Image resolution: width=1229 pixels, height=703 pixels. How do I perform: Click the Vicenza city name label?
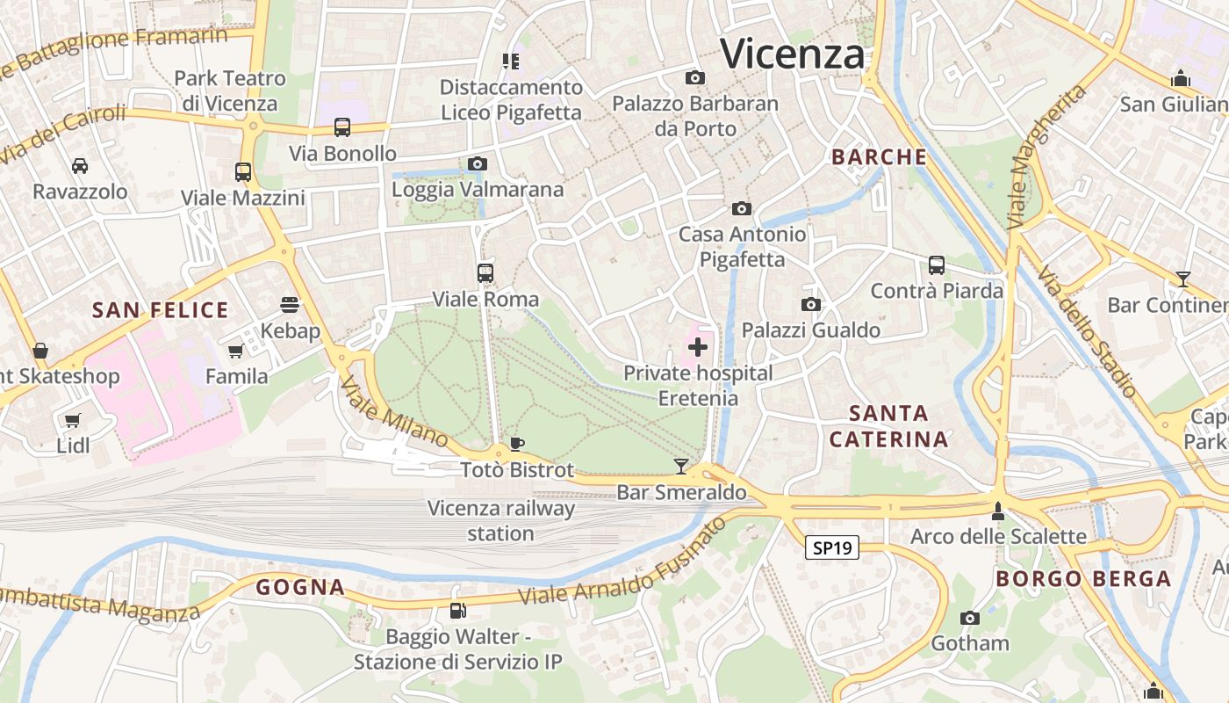tap(792, 54)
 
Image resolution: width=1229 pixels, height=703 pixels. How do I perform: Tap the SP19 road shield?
tap(831, 548)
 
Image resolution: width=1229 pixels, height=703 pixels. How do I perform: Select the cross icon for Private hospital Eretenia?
tap(698, 347)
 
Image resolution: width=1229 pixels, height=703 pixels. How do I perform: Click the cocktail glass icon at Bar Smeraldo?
tap(680, 466)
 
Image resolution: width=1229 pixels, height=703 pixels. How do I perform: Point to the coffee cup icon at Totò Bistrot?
tap(517, 444)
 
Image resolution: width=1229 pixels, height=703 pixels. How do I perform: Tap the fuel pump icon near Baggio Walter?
tap(457, 611)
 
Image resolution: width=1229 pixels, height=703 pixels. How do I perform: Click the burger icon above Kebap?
tap(290, 305)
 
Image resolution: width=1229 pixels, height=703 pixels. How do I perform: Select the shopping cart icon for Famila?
tap(235, 351)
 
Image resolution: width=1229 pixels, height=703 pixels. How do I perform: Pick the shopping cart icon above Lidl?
tap(73, 420)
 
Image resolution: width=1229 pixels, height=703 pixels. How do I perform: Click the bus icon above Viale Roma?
tap(485, 273)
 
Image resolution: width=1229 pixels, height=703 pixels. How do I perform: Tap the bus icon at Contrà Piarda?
tap(937, 265)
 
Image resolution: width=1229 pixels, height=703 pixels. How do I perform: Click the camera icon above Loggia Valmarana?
tap(478, 163)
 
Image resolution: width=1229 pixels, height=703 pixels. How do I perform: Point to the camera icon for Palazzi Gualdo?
tap(811, 305)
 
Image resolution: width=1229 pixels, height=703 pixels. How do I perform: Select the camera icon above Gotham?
tap(970, 618)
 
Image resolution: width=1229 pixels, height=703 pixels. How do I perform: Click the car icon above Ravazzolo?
tap(80, 165)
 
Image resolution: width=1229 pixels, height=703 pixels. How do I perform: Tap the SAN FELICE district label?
tap(161, 310)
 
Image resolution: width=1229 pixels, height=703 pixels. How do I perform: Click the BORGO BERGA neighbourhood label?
tap(1083, 579)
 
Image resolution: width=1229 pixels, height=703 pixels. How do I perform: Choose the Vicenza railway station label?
tap(500, 521)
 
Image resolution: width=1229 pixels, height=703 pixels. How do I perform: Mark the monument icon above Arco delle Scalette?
tap(998, 511)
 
